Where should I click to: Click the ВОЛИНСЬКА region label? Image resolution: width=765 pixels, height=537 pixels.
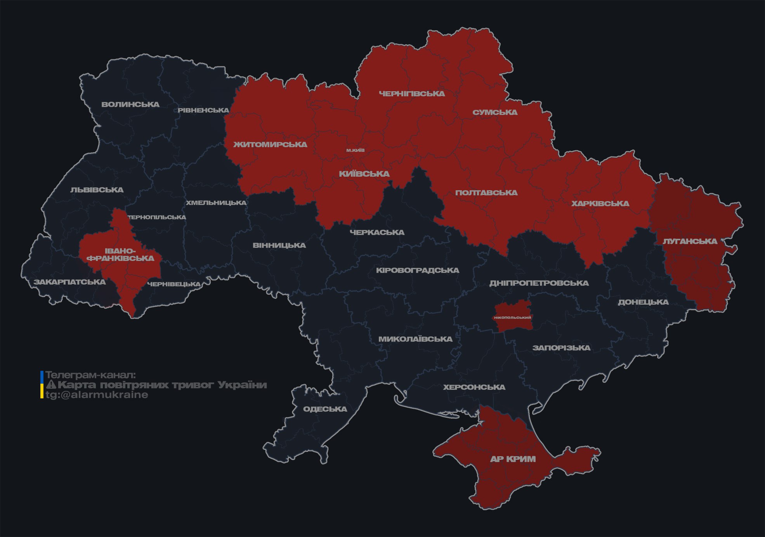[130, 104]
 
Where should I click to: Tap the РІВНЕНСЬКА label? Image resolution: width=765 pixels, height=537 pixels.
[203, 110]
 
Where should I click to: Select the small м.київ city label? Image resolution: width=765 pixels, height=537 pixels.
[356, 150]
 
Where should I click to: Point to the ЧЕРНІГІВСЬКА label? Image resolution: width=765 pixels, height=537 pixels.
[412, 94]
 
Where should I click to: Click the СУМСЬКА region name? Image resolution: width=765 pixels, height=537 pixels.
[495, 113]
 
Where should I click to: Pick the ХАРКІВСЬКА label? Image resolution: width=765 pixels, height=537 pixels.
[600, 203]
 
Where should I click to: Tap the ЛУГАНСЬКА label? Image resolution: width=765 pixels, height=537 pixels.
[690, 242]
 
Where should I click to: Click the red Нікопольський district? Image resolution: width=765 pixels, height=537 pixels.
[512, 317]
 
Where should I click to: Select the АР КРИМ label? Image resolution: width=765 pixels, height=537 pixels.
[513, 459]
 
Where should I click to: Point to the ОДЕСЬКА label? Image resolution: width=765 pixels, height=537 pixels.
[325, 409]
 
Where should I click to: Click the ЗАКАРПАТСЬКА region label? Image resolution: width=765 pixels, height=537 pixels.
[69, 282]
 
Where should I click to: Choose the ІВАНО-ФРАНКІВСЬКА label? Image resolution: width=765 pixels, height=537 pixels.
[120, 255]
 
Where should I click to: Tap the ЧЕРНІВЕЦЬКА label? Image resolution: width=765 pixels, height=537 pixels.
[174, 284]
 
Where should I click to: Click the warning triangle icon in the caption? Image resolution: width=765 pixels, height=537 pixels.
[51, 385]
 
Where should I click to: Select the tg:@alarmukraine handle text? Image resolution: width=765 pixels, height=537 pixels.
[97, 395]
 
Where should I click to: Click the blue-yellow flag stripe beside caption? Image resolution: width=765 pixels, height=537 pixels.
[42, 385]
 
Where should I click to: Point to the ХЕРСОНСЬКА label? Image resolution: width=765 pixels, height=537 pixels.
[474, 387]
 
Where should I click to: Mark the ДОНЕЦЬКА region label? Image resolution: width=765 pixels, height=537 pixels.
[643, 302]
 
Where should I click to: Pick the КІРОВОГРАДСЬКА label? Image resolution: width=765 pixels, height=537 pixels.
[417, 270]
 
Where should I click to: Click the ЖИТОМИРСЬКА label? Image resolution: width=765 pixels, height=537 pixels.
[270, 144]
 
